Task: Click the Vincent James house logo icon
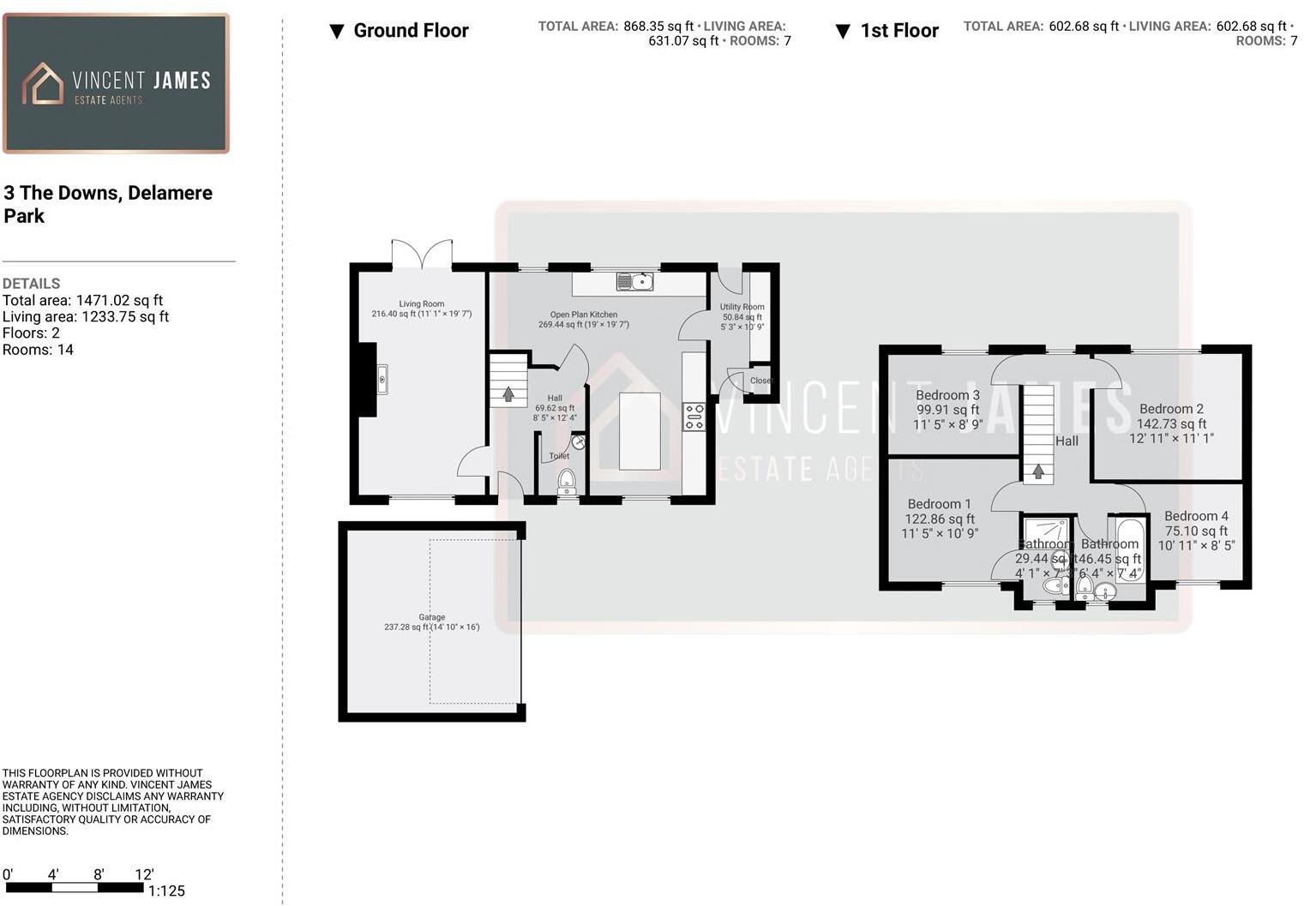[x=43, y=84]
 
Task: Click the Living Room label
[x=421, y=303]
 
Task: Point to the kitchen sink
[x=634, y=281]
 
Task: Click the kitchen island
[x=640, y=431]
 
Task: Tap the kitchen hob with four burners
[x=694, y=417]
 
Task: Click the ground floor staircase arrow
[x=508, y=394]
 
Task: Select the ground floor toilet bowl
[x=567, y=482]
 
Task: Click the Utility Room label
[x=742, y=307]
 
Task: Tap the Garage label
[x=431, y=617]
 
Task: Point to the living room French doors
[x=422, y=255]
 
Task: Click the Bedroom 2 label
[x=1171, y=409]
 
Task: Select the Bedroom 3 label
[x=947, y=395]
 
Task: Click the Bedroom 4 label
[x=1196, y=516]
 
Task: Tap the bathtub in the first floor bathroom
[x=1130, y=548]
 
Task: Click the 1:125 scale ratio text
[x=165, y=891]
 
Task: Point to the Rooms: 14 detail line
[x=38, y=350]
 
